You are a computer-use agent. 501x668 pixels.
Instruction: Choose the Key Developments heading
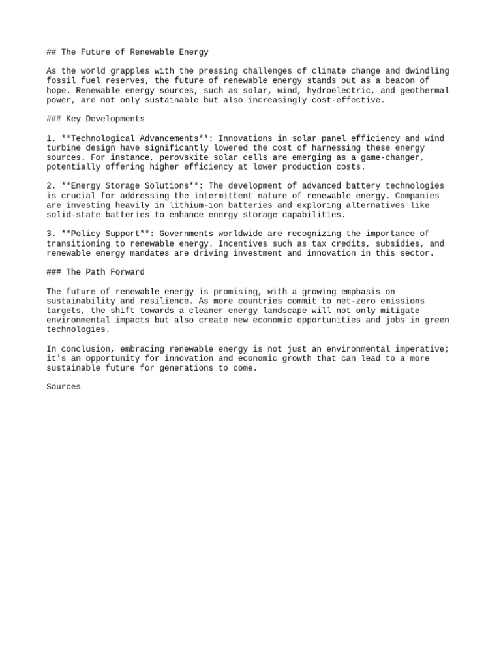[x=105, y=119]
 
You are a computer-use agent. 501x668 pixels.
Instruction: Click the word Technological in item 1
[x=101, y=138]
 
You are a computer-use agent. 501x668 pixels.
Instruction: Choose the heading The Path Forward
[x=105, y=272]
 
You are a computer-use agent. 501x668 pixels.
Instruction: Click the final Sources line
[x=63, y=387]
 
